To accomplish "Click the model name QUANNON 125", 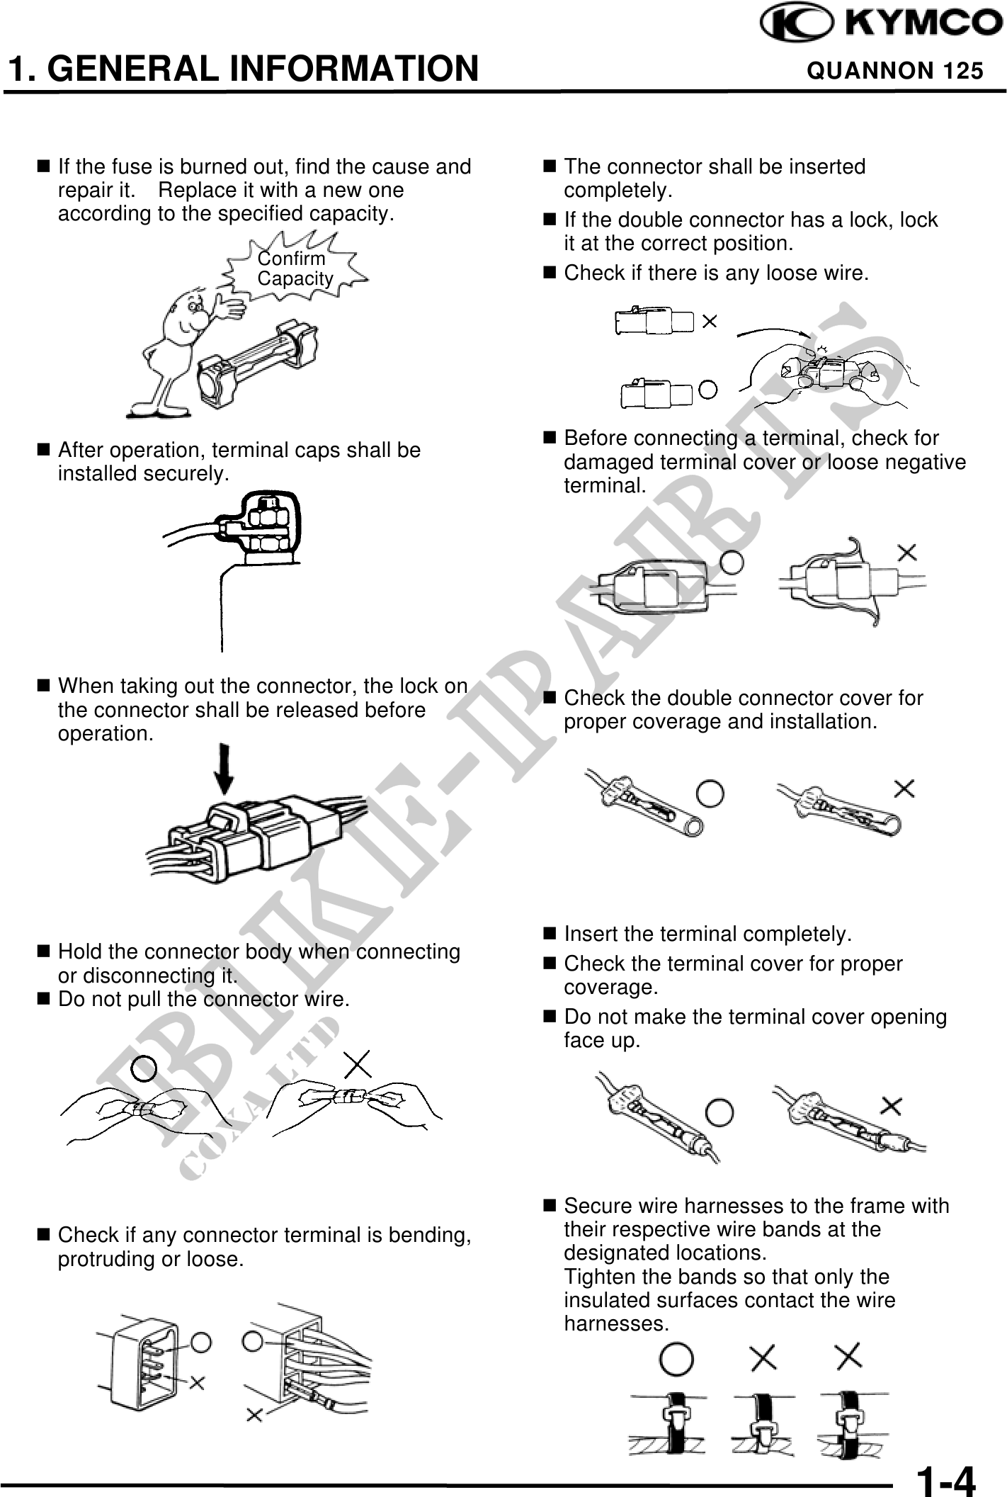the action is pos(895,71).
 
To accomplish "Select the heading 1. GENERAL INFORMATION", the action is pos(241,69).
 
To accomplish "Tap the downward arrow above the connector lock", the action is pos(225,769).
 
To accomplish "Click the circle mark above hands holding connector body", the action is pos(144,1068).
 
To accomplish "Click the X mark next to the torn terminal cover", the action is pos(907,551).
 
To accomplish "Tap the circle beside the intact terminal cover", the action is pos(734,563).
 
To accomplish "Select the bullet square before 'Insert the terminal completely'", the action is pos(548,934).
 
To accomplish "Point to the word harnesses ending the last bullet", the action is pos(616,1323).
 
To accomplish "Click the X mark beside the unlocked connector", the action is pos(710,322).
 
